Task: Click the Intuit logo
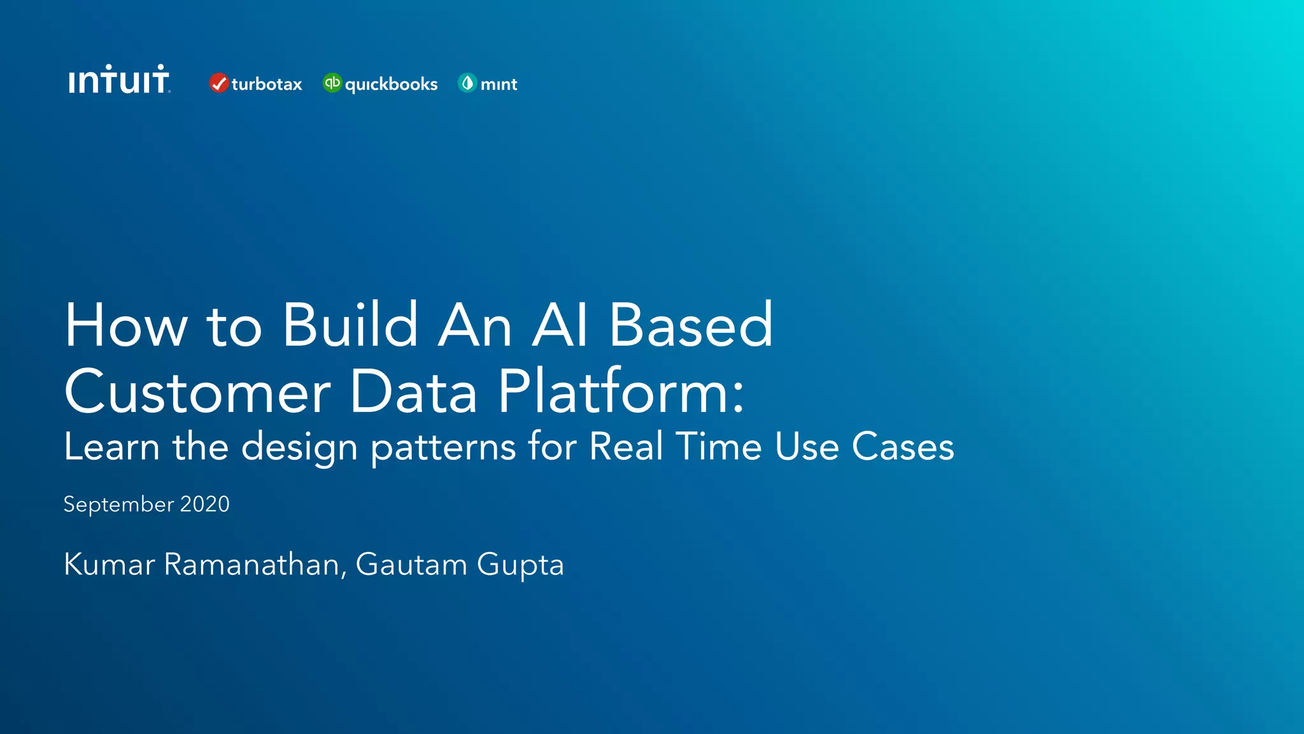tap(119, 80)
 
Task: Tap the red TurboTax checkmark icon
tap(218, 83)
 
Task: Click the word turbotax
tap(267, 84)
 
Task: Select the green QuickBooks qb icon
tap(332, 83)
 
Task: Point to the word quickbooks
tap(391, 85)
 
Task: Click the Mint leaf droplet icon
tap(467, 83)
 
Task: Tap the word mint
tap(499, 84)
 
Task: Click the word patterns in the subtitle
tap(443, 447)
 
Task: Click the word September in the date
tap(118, 505)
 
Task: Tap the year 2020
tap(204, 504)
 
